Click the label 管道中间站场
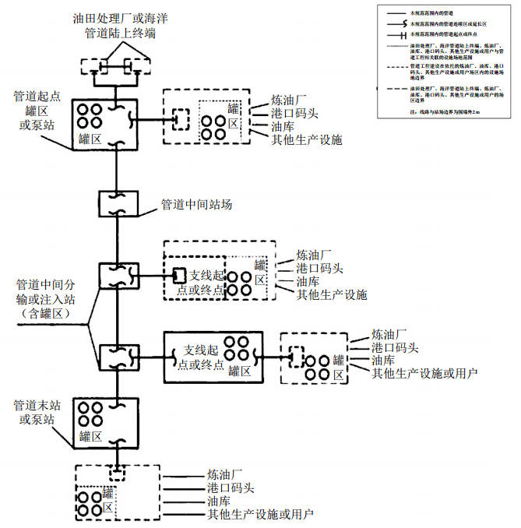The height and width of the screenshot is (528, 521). (196, 205)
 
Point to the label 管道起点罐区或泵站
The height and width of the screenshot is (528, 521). (35, 111)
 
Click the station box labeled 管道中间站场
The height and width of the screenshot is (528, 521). (118, 204)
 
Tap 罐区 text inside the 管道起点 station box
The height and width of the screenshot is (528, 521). (90, 139)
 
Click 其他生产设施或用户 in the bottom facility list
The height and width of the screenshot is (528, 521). (260, 515)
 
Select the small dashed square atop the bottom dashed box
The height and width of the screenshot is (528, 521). (117, 473)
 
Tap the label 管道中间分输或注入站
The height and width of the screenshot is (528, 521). (48, 291)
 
